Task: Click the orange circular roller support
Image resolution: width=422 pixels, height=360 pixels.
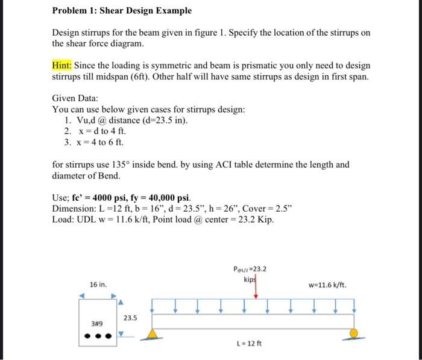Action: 354,333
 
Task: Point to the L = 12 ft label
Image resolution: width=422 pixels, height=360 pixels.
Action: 250,344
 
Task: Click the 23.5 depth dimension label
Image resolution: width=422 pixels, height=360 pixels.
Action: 130,317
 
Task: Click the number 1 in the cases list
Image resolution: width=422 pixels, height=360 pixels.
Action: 67,120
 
